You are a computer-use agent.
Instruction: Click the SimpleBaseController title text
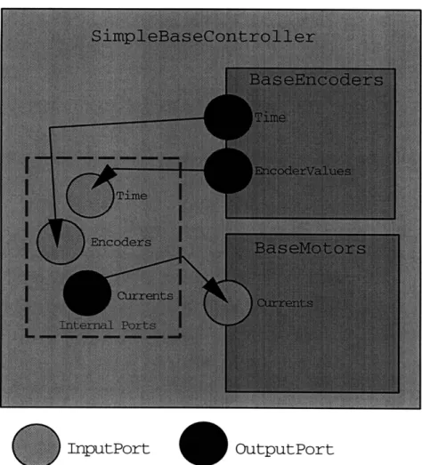point(203,36)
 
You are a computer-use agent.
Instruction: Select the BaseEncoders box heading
point(316,79)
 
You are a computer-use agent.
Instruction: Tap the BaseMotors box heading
point(310,248)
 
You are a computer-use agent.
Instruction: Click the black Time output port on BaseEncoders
point(228,117)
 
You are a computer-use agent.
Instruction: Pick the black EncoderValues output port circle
point(228,171)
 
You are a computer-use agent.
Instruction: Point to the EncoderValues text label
point(303,171)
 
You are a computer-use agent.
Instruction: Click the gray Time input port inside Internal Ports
point(90,196)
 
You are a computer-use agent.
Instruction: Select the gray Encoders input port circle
point(61,242)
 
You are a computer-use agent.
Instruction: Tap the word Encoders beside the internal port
point(121,243)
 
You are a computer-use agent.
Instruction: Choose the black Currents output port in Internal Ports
point(87,293)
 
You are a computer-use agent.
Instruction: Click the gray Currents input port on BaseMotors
point(228,303)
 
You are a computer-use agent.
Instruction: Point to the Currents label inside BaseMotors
point(285,303)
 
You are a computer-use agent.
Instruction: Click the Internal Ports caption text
point(108,325)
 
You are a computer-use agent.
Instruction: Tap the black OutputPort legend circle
point(203,444)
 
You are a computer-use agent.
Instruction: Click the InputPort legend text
point(109,449)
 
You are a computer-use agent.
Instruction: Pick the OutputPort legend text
point(285,450)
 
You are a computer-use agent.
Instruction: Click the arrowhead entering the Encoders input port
point(57,233)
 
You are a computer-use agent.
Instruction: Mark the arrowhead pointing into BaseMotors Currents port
point(216,290)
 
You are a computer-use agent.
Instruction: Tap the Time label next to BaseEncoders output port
point(271,117)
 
